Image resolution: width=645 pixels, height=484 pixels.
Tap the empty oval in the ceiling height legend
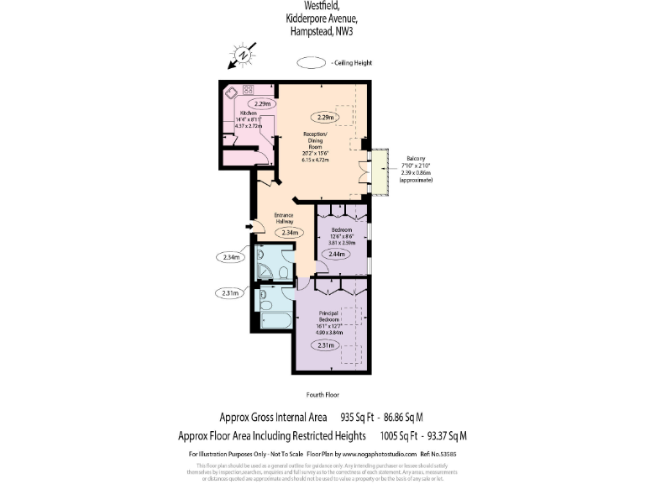point(313,62)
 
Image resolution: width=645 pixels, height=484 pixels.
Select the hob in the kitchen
point(248,89)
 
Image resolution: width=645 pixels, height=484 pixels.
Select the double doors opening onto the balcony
point(364,171)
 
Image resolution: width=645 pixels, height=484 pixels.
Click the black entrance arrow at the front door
point(249,225)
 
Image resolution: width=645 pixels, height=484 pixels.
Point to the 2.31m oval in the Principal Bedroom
point(328,345)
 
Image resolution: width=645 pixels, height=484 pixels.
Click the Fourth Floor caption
point(322,394)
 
